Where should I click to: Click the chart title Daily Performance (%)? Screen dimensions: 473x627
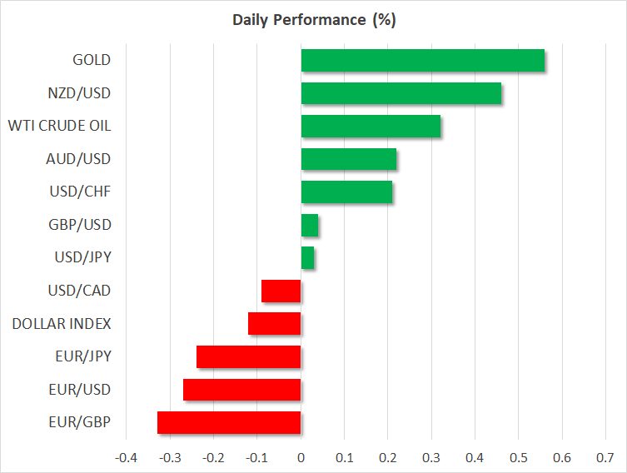pyautogui.click(x=313, y=20)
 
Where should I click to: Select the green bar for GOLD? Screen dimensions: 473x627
pyautogui.click(x=422, y=60)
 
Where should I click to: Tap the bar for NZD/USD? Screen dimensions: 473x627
pyautogui.click(x=401, y=93)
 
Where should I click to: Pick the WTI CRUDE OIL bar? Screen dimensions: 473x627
pyautogui.click(x=371, y=126)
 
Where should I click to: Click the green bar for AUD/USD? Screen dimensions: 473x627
pyautogui.click(x=348, y=159)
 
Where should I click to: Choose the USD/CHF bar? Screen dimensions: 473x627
pyautogui.click(x=346, y=192)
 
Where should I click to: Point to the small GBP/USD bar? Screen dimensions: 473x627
pyautogui.click(x=309, y=225)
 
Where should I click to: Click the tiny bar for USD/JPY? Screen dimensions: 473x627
pyautogui.click(x=307, y=258)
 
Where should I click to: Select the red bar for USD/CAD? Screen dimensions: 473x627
pyautogui.click(x=281, y=291)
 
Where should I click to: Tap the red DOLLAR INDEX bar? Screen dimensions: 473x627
pyautogui.click(x=274, y=324)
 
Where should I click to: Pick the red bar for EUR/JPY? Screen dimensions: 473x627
pyautogui.click(x=248, y=356)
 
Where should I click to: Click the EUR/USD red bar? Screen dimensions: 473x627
pyautogui.click(x=241, y=390)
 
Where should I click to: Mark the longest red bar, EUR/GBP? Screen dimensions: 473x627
pyautogui.click(x=229, y=422)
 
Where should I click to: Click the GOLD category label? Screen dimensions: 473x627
pyautogui.click(x=92, y=60)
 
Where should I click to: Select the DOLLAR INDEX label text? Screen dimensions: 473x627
pyautogui.click(x=62, y=324)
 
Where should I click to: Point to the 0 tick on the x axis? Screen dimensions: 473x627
pyautogui.click(x=301, y=457)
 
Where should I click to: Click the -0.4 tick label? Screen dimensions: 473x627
pyautogui.click(x=126, y=457)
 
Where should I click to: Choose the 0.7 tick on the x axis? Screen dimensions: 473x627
pyautogui.click(x=605, y=457)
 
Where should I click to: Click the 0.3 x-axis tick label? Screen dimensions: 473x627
pyautogui.click(x=431, y=457)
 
